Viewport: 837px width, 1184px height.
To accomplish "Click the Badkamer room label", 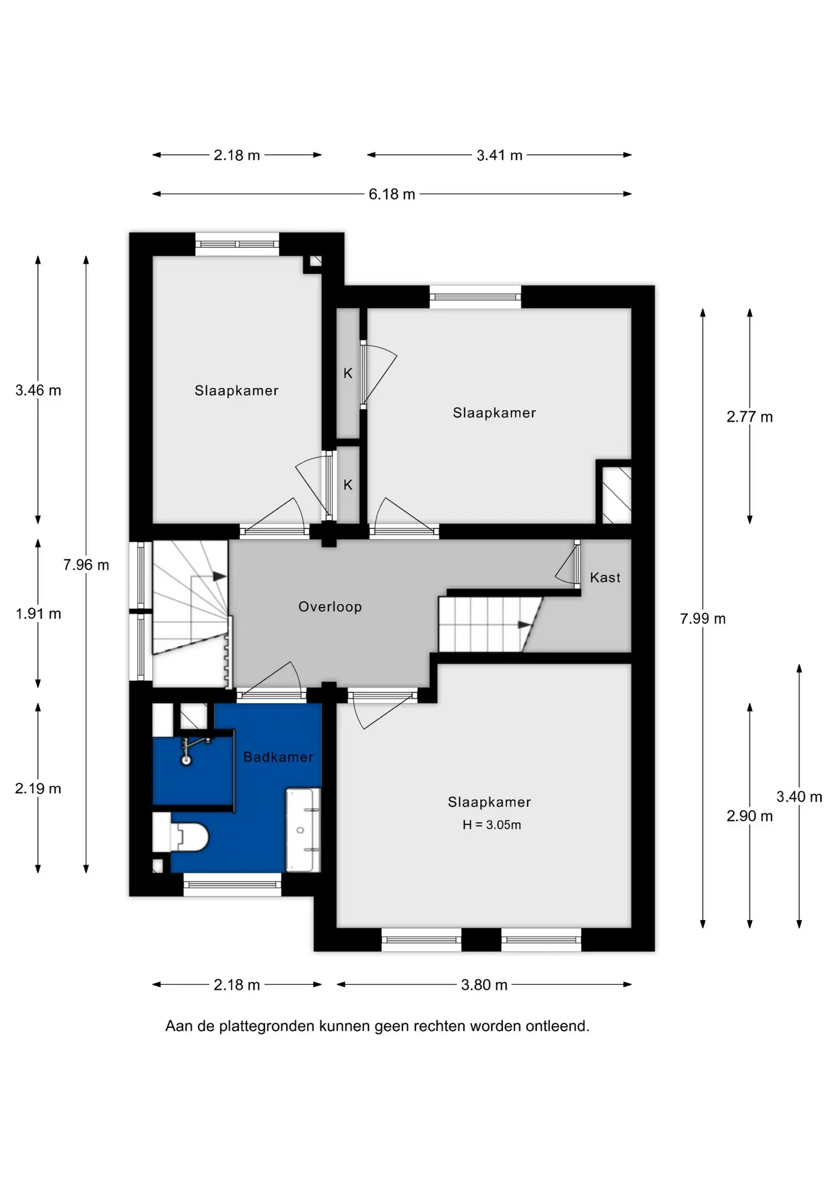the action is [x=278, y=757].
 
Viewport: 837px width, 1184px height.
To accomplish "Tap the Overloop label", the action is [x=330, y=607].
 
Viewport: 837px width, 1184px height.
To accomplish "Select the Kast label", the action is [x=605, y=577].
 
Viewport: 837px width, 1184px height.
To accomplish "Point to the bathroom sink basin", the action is [x=303, y=830].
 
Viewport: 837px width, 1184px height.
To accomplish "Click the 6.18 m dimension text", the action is [x=392, y=194].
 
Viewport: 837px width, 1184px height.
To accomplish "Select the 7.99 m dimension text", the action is [x=703, y=619].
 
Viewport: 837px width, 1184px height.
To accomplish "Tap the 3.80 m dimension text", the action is [x=484, y=985].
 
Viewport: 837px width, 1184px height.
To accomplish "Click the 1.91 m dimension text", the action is [x=38, y=614].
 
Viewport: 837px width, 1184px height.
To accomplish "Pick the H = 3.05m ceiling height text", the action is [x=492, y=825].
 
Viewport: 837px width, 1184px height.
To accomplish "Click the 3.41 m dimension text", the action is [x=499, y=155].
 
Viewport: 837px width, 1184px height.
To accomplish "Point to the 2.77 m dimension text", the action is [x=749, y=417].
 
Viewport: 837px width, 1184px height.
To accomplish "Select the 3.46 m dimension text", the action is [x=38, y=390].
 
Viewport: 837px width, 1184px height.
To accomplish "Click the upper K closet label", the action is [x=348, y=373].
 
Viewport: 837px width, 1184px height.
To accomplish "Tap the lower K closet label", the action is [x=348, y=485].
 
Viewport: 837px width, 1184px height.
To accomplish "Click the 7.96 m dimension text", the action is [x=86, y=565].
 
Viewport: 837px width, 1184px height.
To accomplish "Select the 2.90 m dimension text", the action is [x=749, y=816].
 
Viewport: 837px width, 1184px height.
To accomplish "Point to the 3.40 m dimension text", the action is [x=799, y=797].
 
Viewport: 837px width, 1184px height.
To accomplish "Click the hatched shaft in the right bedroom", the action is [x=616, y=495].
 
